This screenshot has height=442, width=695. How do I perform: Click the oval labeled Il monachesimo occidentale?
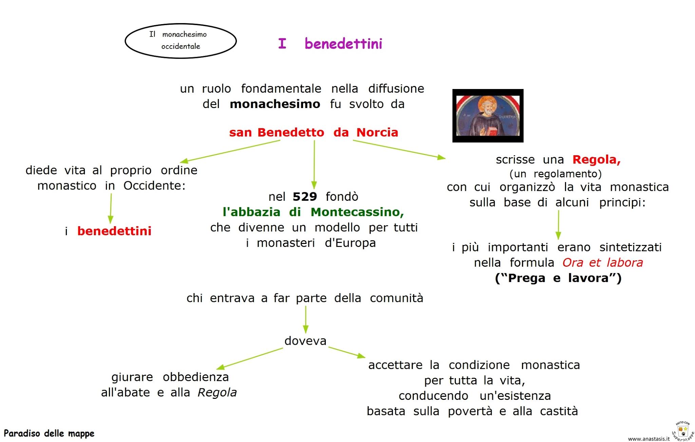(x=181, y=41)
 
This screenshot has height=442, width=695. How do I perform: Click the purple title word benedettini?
(x=343, y=44)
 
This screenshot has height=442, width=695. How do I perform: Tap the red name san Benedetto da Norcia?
(x=313, y=132)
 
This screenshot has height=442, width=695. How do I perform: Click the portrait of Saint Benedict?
(x=488, y=116)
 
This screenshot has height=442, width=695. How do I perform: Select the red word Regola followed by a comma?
(x=596, y=159)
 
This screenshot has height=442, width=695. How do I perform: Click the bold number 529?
(x=304, y=196)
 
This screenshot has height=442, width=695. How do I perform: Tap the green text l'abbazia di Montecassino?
(x=313, y=212)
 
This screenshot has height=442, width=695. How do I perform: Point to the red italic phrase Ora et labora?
(x=602, y=263)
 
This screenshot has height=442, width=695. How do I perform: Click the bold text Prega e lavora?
(x=558, y=278)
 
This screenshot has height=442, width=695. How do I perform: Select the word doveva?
(x=305, y=341)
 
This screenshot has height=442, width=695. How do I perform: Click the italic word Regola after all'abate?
(x=217, y=392)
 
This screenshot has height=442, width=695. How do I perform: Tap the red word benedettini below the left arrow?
(x=114, y=231)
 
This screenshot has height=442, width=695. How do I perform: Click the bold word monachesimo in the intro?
(x=275, y=104)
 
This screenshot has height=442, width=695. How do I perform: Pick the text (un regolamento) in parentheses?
(x=555, y=174)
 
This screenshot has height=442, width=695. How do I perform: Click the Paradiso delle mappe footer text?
(x=49, y=434)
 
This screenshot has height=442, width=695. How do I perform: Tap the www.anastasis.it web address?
(x=649, y=439)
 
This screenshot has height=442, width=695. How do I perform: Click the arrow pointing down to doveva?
(x=305, y=319)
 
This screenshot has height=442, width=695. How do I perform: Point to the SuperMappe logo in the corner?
(x=683, y=431)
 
